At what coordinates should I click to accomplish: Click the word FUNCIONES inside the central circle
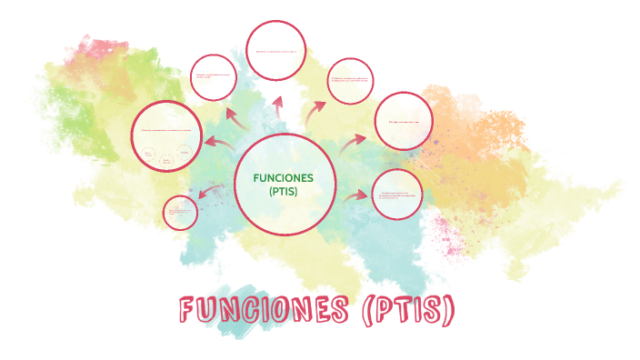pyautogui.click(x=284, y=177)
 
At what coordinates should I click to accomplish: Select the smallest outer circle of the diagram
pyautogui.click(x=180, y=213)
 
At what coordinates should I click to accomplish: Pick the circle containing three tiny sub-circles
pyautogui.click(x=165, y=136)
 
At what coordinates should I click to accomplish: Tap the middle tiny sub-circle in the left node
pyautogui.click(x=166, y=160)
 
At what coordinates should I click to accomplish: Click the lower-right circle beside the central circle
pyautogui.click(x=397, y=195)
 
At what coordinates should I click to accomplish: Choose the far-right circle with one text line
pyautogui.click(x=403, y=121)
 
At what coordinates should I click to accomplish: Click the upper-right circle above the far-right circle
pyautogui.click(x=350, y=82)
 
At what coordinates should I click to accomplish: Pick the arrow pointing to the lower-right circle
pyautogui.click(x=356, y=195)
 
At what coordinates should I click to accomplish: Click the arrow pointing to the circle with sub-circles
pyautogui.click(x=218, y=142)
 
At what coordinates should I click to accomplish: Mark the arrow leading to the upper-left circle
pyautogui.click(x=235, y=115)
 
